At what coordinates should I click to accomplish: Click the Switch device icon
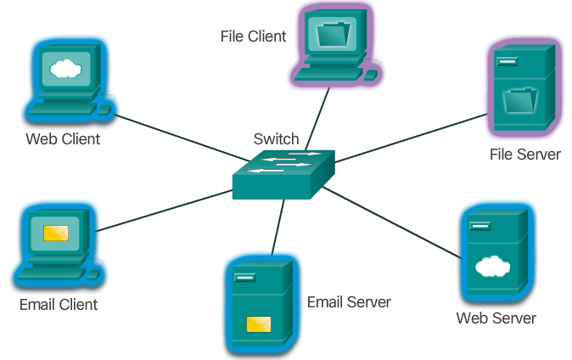[x=283, y=174]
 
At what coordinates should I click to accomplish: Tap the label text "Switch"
[x=276, y=138]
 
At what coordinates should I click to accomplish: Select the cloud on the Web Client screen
[x=64, y=69]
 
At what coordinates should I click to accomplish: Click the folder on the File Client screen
[x=332, y=36]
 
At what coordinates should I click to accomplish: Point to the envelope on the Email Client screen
[x=56, y=230]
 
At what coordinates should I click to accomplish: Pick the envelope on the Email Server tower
[x=258, y=323]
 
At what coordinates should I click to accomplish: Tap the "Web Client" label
[x=63, y=138]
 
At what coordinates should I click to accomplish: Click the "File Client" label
[x=252, y=36]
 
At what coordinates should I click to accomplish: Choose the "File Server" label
[x=524, y=155]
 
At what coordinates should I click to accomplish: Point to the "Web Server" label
[x=496, y=318]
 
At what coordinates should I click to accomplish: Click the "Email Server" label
[x=349, y=302]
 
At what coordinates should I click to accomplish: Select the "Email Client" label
[x=59, y=304]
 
